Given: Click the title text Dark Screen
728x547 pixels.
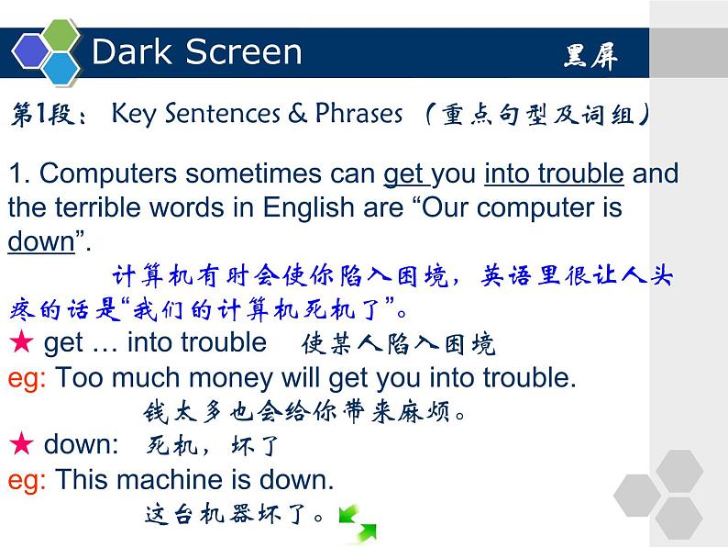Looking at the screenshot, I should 196,52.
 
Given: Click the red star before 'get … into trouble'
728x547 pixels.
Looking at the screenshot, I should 20,342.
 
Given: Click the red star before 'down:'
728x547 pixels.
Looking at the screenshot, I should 20,444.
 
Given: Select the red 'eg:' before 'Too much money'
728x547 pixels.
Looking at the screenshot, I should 27,377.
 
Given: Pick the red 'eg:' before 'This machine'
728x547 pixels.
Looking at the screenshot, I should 27,479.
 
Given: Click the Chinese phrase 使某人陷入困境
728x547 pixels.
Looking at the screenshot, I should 397,344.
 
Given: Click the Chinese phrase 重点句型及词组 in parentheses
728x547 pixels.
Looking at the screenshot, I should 541,115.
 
